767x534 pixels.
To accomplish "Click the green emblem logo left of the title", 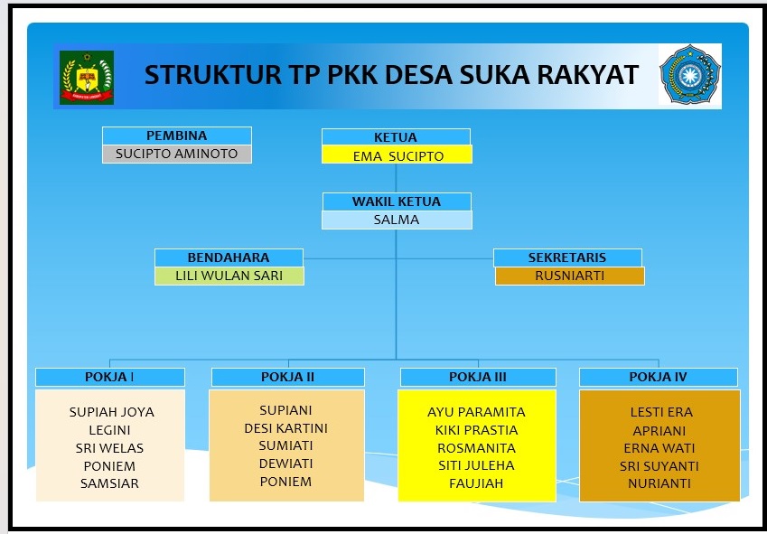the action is point(87,78).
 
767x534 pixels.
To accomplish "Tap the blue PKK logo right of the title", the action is point(689,74).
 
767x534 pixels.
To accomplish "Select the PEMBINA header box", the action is point(177,136).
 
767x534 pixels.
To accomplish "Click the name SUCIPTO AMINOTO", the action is point(176,154).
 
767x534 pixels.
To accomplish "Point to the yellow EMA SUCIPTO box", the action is point(397,155).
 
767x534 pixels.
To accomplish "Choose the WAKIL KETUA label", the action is point(397,201).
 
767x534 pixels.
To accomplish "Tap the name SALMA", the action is point(397,220).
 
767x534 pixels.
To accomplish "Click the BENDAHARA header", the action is point(229,258).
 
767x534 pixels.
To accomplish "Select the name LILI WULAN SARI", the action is point(229,276).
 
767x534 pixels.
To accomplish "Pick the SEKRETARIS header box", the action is point(567,258).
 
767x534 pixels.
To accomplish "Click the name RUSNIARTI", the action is point(570,276).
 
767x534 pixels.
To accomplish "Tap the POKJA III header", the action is point(478,377).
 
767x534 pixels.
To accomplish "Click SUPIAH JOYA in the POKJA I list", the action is point(111,412).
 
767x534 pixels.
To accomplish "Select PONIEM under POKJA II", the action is point(285,482).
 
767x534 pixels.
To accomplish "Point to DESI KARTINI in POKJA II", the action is point(285,428).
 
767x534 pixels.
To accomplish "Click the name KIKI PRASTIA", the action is point(476,430).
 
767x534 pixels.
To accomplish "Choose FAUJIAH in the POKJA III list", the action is point(476,483).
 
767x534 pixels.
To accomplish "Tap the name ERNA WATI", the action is point(659,448).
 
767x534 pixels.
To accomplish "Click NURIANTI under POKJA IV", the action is point(659,483).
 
